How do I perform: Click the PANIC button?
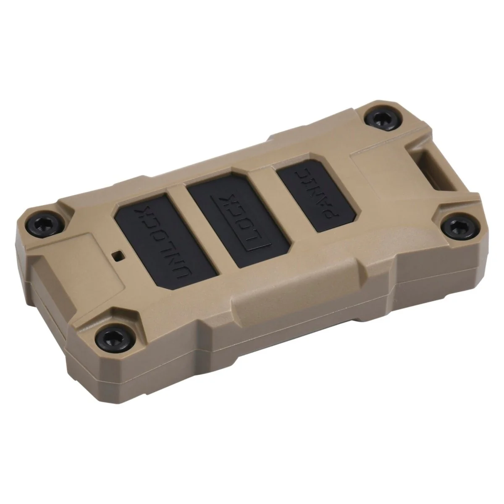click(319, 195)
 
